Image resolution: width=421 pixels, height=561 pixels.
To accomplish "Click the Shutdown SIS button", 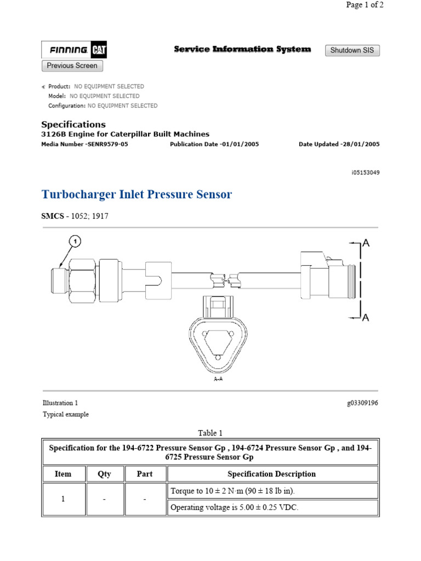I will tap(352, 50).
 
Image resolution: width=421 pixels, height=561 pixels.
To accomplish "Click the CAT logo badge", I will tap(99, 50).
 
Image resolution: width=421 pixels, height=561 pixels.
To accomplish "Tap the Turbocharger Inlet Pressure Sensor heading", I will tap(136, 194).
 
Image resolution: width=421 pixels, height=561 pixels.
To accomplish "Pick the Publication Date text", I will tap(214, 144).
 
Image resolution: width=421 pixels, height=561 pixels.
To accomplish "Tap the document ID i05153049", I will tap(365, 173).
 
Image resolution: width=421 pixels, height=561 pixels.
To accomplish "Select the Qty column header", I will tap(104, 474).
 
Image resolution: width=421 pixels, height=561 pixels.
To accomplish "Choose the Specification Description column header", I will tap(272, 474).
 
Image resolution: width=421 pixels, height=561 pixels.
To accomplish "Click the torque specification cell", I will tap(272, 490).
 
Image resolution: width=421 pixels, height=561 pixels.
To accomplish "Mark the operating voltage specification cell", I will tap(272, 507).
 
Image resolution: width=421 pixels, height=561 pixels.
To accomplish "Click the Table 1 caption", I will tap(210, 433).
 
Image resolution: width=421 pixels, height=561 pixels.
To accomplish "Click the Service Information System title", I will tap(242, 49).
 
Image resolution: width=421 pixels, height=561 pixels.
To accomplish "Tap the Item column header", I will tap(63, 474).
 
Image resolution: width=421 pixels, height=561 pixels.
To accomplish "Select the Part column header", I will tap(145, 474).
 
